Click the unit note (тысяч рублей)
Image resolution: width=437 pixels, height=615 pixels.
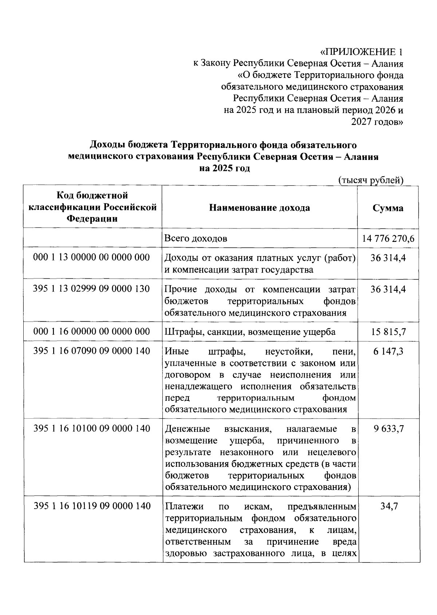(x=370, y=180)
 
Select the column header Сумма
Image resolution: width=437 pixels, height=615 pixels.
(x=388, y=208)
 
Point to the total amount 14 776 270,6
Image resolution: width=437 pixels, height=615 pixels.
(x=388, y=239)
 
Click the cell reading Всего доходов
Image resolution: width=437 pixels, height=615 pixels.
(x=196, y=239)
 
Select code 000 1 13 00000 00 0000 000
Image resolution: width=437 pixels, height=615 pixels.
(x=91, y=258)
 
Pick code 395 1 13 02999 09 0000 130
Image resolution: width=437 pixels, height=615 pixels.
(x=91, y=289)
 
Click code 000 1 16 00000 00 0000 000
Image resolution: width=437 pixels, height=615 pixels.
(x=91, y=332)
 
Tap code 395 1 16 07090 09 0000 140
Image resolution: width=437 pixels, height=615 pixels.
(x=91, y=351)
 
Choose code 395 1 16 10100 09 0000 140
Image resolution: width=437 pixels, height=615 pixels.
(x=92, y=428)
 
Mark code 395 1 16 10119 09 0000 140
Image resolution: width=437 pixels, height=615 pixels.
(x=92, y=506)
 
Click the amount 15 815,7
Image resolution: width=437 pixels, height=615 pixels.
(x=388, y=332)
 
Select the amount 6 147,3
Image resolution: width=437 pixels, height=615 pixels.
(x=388, y=351)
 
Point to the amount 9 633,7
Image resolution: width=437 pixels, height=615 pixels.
(x=388, y=429)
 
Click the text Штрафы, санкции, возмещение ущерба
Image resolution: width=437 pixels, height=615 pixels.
(x=250, y=332)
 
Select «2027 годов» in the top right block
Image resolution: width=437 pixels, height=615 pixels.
(x=377, y=122)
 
